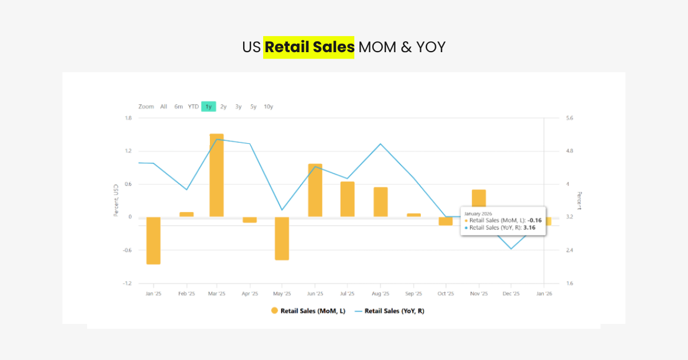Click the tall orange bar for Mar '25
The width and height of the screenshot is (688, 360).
click(x=216, y=175)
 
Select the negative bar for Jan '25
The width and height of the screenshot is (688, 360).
click(x=153, y=240)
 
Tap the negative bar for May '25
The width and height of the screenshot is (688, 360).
click(x=282, y=238)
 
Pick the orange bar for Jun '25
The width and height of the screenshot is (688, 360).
click(x=315, y=190)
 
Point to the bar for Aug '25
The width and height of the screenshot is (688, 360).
click(x=381, y=202)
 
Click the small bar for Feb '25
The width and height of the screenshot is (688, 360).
click(x=186, y=214)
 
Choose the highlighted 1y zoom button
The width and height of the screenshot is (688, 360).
click(x=209, y=107)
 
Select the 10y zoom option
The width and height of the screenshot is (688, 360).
click(x=268, y=107)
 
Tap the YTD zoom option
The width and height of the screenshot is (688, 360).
click(x=193, y=107)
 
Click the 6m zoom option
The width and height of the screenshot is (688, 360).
click(x=179, y=107)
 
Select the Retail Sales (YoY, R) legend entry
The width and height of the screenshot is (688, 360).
click(x=390, y=311)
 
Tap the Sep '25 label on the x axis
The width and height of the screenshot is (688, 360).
click(x=413, y=294)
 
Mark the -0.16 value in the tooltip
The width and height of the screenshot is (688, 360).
click(x=535, y=220)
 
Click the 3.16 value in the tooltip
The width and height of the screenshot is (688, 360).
click(x=529, y=228)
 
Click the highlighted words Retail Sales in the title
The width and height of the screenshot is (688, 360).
click(x=309, y=47)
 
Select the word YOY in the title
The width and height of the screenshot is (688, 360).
click(x=431, y=47)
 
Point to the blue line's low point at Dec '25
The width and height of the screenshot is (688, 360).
click(x=511, y=249)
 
